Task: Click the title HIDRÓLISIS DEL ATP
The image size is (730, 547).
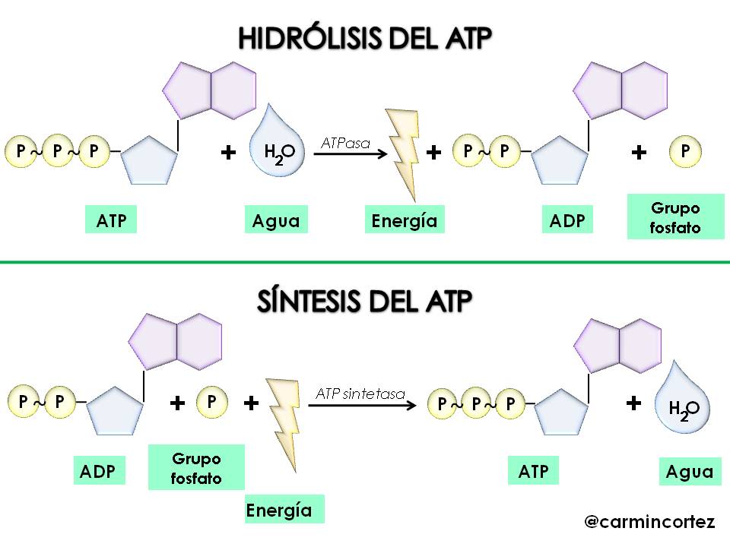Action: (x=365, y=39)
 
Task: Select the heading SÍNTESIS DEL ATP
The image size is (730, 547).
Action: (x=364, y=302)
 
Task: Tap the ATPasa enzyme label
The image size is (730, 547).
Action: (x=346, y=143)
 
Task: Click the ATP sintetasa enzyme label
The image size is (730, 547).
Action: (x=360, y=394)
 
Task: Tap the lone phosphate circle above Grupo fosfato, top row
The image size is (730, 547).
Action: (x=685, y=152)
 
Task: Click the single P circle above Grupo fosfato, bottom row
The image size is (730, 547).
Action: (x=212, y=400)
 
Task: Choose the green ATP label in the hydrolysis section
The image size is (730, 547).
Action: (x=111, y=221)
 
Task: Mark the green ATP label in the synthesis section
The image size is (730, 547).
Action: (x=533, y=471)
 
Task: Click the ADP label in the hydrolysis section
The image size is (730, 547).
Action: (x=568, y=221)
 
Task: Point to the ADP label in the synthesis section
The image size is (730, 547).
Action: (x=98, y=471)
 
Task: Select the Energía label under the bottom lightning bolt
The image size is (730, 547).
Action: (x=279, y=510)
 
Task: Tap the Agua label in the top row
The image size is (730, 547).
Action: (x=276, y=221)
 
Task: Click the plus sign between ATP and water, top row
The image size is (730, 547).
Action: (x=227, y=153)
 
